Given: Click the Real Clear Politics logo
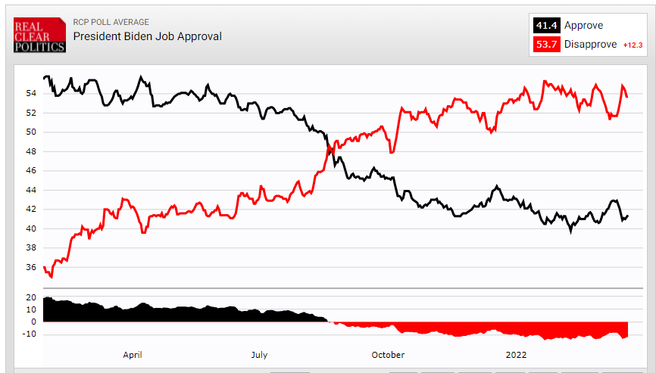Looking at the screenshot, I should pos(40,36).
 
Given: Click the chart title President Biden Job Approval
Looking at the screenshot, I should pos(148,36).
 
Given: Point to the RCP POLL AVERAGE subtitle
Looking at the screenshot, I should pos(111,22).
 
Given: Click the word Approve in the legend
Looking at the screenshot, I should pos(583,26).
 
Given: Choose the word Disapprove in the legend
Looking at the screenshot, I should pos(591,44).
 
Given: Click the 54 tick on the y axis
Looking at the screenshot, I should pos(31,94).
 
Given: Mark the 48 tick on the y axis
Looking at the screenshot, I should pos(31,151).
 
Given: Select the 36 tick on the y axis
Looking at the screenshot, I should pos(31,267).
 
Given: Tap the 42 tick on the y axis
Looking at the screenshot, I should pos(31,210).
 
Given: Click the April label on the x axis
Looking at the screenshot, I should pos(133,354).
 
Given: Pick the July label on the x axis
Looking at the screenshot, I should pos(259,354).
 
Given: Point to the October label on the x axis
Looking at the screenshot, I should pos(388,354).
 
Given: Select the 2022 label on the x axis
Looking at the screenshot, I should pos(517,354).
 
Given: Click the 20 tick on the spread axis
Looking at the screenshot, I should pos(31,297).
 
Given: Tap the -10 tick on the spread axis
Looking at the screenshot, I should pos(30,334).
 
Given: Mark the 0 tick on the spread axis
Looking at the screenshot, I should pos(34,322).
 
